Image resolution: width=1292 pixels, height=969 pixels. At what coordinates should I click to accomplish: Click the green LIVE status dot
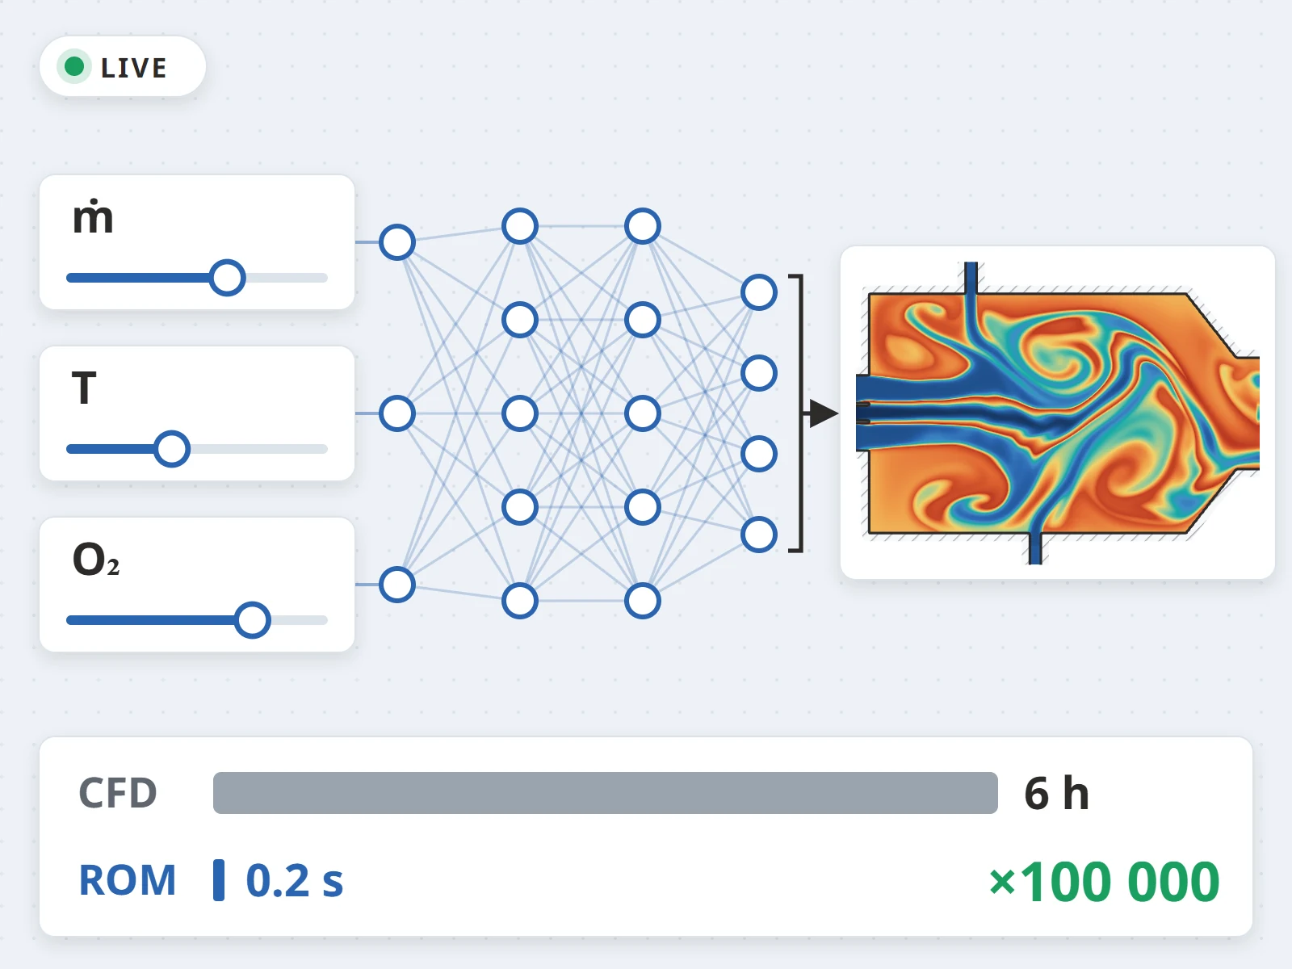[x=74, y=66]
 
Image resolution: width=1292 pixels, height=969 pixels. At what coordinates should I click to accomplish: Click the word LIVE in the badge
[x=133, y=69]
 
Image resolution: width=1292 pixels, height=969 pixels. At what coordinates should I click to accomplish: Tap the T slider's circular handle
[x=172, y=449]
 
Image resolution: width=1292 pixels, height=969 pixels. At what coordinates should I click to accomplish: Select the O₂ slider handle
[x=253, y=619]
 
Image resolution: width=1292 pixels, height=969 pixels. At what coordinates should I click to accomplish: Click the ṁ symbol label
[x=92, y=217]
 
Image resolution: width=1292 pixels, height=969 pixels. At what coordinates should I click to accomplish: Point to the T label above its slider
[x=84, y=388]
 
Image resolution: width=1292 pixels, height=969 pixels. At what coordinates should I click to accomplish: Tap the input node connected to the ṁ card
[x=397, y=241]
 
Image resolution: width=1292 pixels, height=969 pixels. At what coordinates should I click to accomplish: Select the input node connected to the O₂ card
[x=397, y=585]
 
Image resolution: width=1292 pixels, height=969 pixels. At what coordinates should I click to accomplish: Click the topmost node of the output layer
[x=759, y=292]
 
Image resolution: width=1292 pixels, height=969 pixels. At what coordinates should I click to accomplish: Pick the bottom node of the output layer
[x=759, y=535]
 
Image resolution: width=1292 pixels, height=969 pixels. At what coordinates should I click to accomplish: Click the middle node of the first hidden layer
[x=520, y=413]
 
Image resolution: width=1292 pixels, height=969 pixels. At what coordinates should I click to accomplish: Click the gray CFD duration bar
[x=605, y=792]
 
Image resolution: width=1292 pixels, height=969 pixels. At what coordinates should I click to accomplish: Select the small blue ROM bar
[x=219, y=879]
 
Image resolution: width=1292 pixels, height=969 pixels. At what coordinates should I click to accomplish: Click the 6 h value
[x=1056, y=793]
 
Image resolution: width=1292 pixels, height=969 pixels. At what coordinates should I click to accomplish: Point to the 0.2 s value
[x=294, y=881]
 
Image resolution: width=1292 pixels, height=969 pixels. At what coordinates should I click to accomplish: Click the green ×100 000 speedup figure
[x=1104, y=881]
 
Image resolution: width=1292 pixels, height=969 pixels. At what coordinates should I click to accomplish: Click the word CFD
[x=118, y=793]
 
